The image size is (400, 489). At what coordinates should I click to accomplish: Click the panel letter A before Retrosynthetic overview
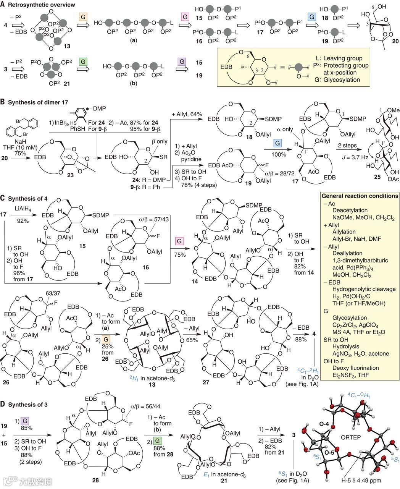[3, 5]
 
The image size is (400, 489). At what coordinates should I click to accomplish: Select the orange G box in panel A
[82, 17]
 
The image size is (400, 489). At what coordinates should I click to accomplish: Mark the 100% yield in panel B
[282, 154]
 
